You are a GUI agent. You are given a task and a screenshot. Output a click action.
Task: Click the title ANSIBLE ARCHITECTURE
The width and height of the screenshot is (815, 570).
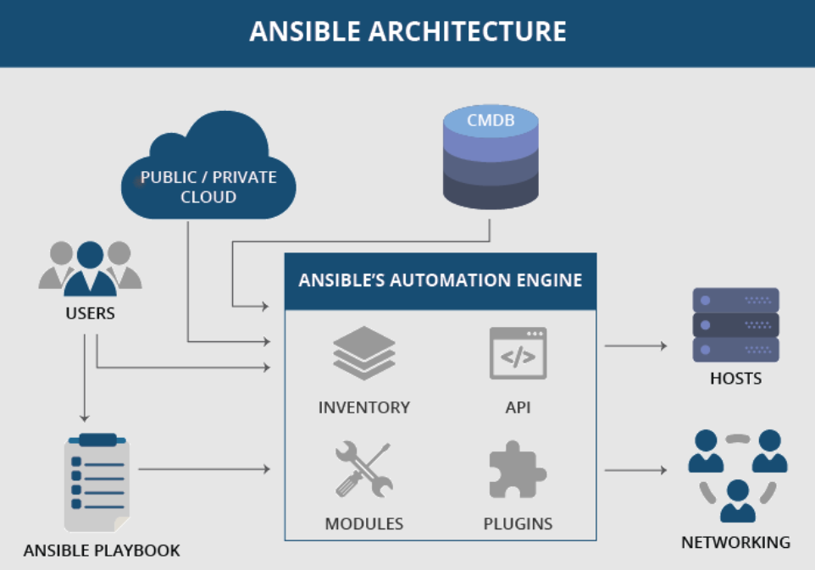(x=407, y=32)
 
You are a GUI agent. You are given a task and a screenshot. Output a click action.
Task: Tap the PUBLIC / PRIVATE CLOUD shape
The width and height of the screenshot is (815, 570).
(x=208, y=174)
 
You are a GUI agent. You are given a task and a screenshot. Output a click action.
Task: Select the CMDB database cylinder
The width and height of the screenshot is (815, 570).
(x=491, y=158)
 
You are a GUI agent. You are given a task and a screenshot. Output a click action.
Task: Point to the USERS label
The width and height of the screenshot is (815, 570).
(x=90, y=313)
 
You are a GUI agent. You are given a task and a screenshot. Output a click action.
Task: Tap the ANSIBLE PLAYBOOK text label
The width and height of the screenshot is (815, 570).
(x=102, y=551)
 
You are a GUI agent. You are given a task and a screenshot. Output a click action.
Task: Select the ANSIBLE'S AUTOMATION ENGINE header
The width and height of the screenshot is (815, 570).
(x=440, y=280)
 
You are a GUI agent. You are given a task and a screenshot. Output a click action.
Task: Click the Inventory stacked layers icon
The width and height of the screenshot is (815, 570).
(x=364, y=353)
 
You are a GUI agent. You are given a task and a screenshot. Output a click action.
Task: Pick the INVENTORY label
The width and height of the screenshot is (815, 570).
(x=364, y=407)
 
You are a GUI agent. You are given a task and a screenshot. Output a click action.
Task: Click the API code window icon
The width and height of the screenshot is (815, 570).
(x=518, y=353)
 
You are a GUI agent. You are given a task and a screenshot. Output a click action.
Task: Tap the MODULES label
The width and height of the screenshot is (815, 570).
(x=364, y=523)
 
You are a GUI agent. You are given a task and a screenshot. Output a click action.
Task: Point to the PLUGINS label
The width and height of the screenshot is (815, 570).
(x=518, y=523)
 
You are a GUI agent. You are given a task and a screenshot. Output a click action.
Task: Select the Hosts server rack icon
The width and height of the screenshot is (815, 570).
(x=735, y=325)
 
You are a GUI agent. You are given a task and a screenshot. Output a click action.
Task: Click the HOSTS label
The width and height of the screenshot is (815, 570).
(x=735, y=378)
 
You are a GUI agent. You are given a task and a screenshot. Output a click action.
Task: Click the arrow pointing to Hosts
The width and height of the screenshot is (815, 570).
(x=635, y=346)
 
